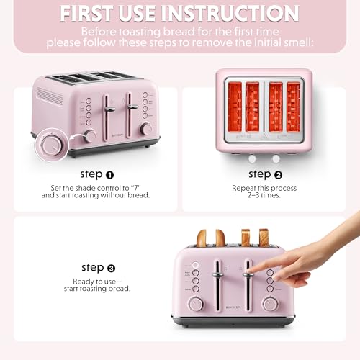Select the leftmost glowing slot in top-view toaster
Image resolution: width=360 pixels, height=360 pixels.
235,106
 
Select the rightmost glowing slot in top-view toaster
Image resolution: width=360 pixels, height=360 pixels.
294,106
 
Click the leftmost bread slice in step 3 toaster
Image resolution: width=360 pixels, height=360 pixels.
201,238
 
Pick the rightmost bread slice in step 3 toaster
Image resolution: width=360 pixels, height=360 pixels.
264,238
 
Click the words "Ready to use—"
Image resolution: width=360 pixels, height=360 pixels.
102,282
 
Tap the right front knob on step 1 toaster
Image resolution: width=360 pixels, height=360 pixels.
146,128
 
